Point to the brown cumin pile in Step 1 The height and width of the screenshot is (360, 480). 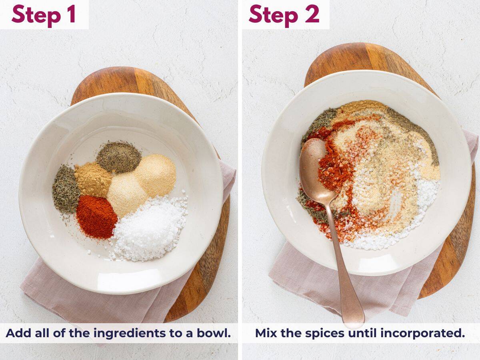[x=93, y=179]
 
